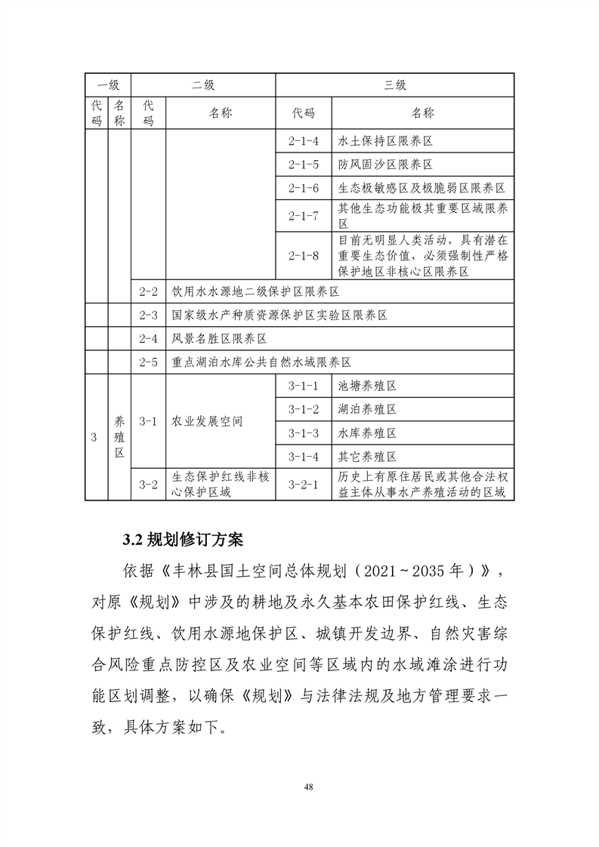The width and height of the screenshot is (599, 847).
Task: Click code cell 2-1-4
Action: coord(304,141)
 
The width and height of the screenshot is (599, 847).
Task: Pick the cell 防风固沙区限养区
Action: coord(385,165)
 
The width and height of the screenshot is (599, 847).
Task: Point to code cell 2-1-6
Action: coord(304,188)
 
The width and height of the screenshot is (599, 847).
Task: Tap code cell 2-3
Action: coord(149,315)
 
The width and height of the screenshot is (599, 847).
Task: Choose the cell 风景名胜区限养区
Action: coord(220,339)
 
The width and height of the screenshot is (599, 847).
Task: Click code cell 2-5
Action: coord(149,362)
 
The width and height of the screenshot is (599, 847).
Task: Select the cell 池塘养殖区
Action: coord(368,386)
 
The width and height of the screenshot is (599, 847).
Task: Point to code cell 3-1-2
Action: coord(304,409)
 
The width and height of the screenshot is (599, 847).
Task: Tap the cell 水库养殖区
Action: coord(368,433)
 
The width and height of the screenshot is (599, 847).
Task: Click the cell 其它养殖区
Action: coord(368,457)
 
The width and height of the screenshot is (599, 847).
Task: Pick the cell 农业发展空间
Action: coord(208,421)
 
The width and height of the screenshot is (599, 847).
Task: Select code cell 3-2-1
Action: coord(304,485)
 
